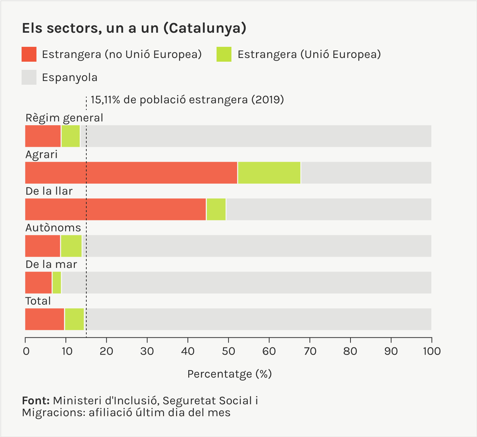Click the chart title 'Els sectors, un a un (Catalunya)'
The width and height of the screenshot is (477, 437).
tap(134, 29)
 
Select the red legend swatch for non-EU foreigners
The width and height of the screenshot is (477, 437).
tap(29, 54)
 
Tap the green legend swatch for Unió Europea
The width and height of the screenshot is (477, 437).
tap(224, 54)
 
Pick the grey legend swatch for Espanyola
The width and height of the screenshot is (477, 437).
tap(29, 77)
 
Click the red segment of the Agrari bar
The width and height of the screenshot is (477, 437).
tap(131, 173)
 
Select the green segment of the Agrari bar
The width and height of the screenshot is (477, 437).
tap(269, 173)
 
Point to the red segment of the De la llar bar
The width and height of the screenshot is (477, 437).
tap(115, 209)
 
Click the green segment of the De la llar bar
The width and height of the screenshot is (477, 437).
tap(216, 209)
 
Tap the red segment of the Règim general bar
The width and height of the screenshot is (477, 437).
tap(43, 136)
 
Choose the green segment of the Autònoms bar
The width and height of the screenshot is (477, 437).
tap(71, 246)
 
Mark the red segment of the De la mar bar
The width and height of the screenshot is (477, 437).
tap(38, 282)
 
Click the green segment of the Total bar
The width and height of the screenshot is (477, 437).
tap(74, 319)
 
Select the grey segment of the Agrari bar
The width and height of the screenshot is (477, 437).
tap(366, 173)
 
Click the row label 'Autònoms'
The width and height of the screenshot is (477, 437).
tap(53, 227)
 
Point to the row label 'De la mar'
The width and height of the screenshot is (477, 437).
tap(51, 264)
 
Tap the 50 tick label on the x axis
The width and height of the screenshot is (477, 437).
tap(228, 351)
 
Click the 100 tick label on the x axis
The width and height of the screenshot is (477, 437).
tap(432, 351)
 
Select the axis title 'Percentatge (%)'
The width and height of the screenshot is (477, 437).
tap(230, 374)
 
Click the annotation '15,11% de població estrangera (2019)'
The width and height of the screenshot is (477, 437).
tap(187, 100)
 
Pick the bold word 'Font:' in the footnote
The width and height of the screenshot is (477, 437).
tap(36, 401)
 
